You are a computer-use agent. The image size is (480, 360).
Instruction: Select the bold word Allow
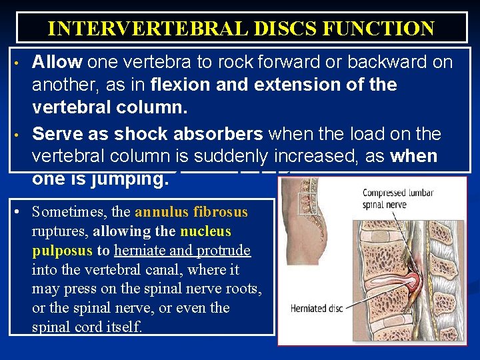(57, 63)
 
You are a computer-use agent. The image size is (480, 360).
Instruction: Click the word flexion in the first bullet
(179, 85)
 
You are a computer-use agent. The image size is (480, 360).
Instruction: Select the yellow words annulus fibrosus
(191, 213)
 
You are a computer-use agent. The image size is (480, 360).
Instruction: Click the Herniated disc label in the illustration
(317, 309)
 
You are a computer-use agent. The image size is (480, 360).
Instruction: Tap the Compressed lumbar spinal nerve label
(398, 198)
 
